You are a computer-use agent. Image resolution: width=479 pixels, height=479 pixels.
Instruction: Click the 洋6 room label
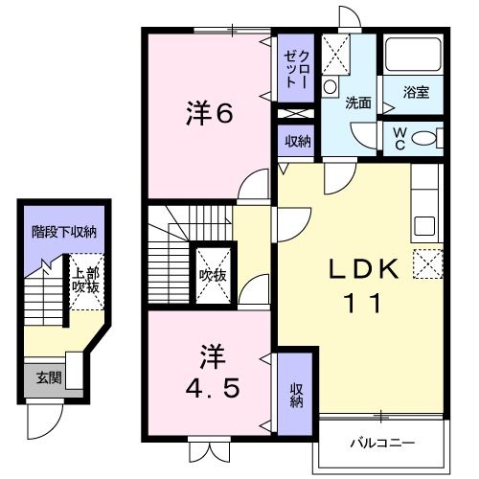coord(209,114)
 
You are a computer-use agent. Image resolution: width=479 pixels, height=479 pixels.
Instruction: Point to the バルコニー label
coord(380,445)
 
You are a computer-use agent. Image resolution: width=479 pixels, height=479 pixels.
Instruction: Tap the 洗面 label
coord(358,102)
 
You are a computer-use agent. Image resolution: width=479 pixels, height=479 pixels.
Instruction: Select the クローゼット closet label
coord(293,64)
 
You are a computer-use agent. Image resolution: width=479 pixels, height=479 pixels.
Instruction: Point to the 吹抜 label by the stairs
coord(212,276)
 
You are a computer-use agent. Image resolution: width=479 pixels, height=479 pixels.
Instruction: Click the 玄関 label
coord(44,377)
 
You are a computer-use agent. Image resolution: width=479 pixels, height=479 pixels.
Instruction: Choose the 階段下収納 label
coord(64,232)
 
